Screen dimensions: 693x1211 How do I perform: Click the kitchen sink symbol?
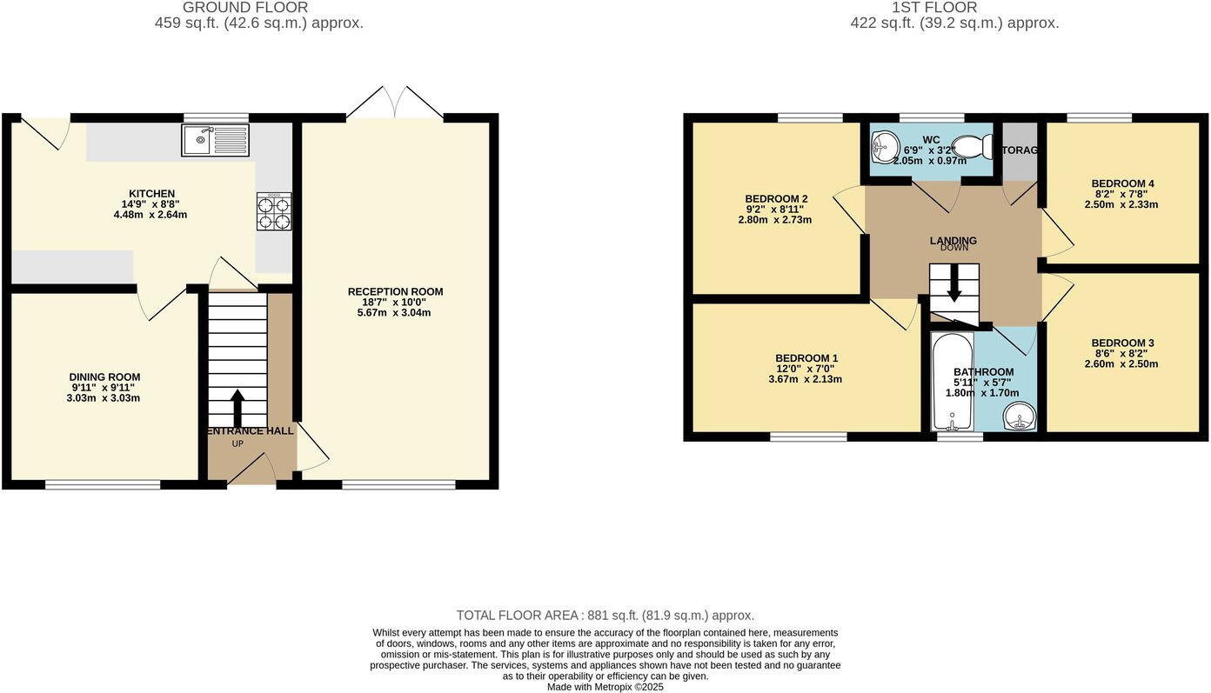(x=215, y=140)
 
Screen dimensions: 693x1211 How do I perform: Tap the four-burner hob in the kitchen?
(x=274, y=212)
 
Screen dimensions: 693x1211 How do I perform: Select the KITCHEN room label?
(x=152, y=194)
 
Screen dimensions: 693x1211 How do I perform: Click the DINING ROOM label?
(x=104, y=376)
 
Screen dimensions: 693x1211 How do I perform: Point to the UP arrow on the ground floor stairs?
(x=238, y=407)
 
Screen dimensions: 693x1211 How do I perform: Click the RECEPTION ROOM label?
(x=395, y=291)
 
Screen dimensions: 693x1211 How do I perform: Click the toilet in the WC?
(x=973, y=147)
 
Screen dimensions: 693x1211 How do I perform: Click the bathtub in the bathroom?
(x=952, y=383)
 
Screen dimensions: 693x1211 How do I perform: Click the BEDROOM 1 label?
(x=806, y=358)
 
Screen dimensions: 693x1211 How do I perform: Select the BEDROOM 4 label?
(x=1122, y=183)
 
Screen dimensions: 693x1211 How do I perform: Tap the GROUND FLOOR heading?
(x=245, y=8)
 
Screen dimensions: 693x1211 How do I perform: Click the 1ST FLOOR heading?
(x=934, y=8)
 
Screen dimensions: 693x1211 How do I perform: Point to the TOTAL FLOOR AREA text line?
(x=605, y=616)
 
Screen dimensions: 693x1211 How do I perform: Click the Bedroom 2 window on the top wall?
(x=810, y=118)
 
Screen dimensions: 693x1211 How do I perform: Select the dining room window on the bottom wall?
(x=103, y=484)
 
